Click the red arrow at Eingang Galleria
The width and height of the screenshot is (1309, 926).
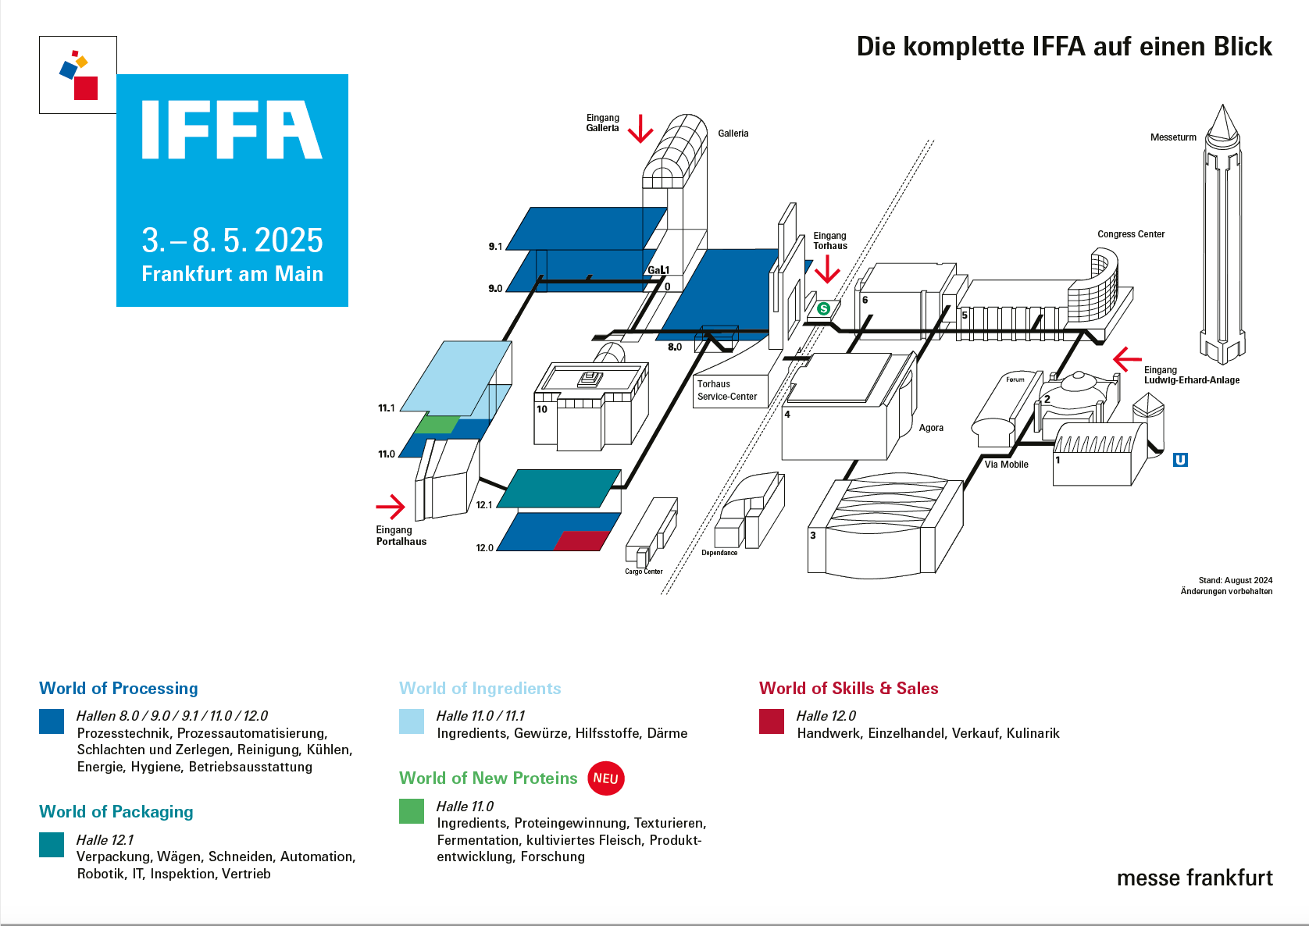point(640,130)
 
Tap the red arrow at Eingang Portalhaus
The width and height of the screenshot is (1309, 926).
point(391,507)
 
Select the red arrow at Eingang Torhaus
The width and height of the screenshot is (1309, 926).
point(827,270)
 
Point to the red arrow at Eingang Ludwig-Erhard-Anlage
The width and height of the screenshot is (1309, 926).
point(1126,359)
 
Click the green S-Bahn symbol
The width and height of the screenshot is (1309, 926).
point(823,309)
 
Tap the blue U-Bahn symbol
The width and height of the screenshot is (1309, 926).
point(1180,460)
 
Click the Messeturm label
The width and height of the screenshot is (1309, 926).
point(1173,137)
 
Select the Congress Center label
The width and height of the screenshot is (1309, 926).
point(1130,234)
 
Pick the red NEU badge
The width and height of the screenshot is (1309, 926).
point(605,778)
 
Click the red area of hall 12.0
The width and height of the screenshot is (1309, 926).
point(582,540)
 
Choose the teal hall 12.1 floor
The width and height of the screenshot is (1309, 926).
point(558,489)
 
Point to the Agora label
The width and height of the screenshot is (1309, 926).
point(931,428)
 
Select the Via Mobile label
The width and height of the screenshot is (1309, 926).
point(1006,465)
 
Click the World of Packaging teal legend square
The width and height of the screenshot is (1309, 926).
point(52,845)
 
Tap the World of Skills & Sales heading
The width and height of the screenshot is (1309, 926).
point(848,689)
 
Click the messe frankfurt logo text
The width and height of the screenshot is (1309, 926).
point(1194,878)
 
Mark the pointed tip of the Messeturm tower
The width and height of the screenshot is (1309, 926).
point(1222,108)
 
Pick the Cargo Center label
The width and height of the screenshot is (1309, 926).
point(644,572)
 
